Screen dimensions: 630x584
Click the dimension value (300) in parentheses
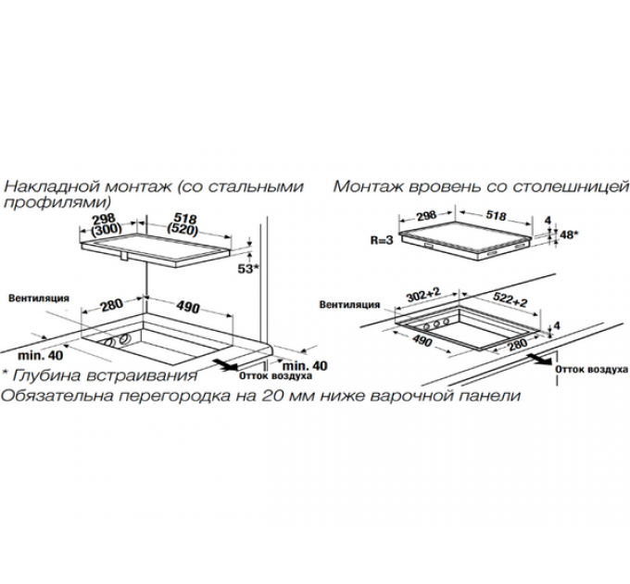coord(107,230)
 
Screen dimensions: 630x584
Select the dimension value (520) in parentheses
coord(183,230)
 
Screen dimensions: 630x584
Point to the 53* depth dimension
coord(247,269)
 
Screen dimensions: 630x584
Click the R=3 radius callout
coord(382,240)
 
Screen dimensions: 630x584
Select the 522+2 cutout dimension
coord(509,299)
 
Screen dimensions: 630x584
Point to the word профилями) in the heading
coord(57,202)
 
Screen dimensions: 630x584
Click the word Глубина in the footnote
coord(47,375)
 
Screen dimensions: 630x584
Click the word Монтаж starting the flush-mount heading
coord(368,187)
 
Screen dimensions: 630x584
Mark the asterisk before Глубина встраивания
coord(6,372)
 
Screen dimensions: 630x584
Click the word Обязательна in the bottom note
coord(57,397)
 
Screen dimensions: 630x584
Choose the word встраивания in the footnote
coord(142,376)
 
